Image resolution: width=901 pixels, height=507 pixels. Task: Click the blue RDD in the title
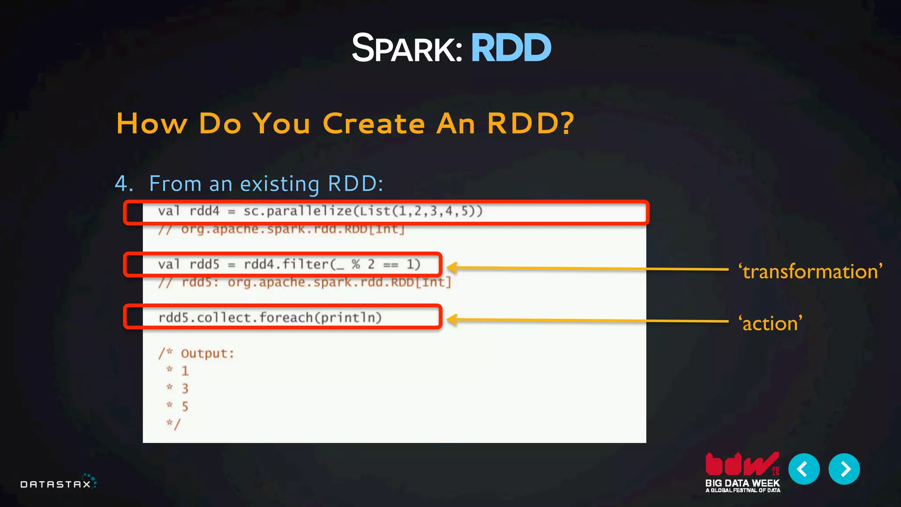point(511,48)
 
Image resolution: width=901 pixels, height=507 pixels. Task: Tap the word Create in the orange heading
point(374,124)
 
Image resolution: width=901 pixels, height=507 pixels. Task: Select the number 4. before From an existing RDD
point(124,184)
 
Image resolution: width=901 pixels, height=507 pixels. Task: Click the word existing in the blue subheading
point(280,184)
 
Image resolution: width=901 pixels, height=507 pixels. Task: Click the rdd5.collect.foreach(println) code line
point(270,317)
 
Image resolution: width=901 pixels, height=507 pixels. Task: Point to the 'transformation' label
point(810,272)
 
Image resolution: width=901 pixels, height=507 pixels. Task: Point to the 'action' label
point(770,323)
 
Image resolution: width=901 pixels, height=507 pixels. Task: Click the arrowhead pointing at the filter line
point(453,267)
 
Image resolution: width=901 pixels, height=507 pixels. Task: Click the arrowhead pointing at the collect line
point(453,320)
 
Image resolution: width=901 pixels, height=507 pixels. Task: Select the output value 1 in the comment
point(185,371)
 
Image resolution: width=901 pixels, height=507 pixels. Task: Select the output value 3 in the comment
point(185,389)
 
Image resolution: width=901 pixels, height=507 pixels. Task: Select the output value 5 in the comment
point(185,406)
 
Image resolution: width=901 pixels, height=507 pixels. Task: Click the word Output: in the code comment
point(207,353)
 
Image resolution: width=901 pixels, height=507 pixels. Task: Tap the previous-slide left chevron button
point(804,469)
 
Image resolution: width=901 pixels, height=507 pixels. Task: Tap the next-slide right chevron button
point(844,469)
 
